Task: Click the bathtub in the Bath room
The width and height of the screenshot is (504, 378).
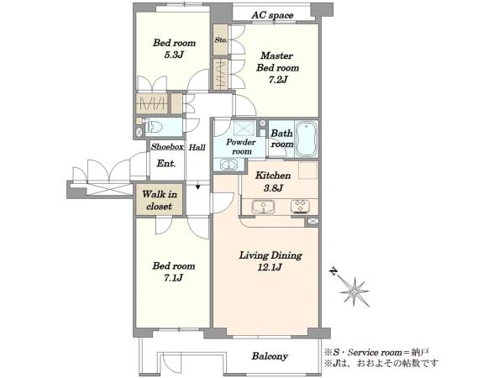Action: pos(306,139)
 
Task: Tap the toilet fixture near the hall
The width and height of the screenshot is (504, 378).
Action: pos(152,127)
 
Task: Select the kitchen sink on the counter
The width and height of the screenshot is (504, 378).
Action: pos(263,207)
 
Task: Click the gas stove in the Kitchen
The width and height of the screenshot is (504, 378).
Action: pos(300,207)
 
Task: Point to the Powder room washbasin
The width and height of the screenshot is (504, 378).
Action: pos(228,165)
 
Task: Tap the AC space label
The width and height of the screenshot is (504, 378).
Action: pos(272,15)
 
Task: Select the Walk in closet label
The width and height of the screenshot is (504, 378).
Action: pos(160,200)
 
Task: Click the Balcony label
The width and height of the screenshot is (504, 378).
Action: pos(270,356)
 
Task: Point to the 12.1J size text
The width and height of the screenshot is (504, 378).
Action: pos(270,267)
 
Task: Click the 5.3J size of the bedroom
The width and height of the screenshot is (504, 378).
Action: pos(174,55)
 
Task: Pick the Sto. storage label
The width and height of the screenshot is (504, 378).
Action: pos(221,39)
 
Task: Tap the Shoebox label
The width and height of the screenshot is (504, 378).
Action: pos(167,146)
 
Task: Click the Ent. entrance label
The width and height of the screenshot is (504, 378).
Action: pos(166,163)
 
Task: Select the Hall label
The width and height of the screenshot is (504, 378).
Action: pos(197,147)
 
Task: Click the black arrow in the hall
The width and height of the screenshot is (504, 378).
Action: pos(198,186)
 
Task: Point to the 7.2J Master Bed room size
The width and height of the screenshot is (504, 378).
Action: pos(278,80)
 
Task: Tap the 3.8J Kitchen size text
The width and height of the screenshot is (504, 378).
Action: pos(273,187)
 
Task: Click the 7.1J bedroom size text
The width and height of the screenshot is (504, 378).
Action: pos(174,277)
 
